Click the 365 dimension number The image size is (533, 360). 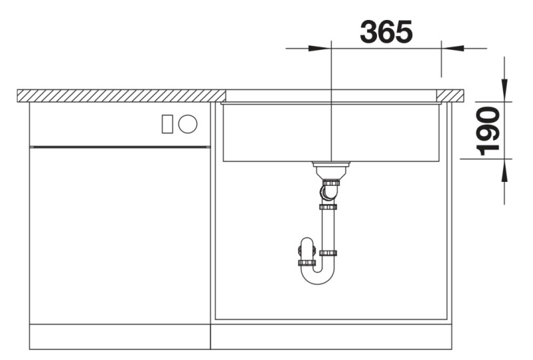tap(386, 31)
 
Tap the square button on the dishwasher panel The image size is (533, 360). tap(168, 123)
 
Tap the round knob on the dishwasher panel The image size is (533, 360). tap(188, 123)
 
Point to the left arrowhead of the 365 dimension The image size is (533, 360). tap(320, 48)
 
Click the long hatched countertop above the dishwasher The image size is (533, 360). tap(120, 95)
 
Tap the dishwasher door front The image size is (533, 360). tap(120, 233)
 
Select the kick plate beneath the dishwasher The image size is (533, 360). tap(120, 337)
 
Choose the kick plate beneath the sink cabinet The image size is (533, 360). tap(331, 337)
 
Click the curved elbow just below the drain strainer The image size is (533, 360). tap(327, 193)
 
